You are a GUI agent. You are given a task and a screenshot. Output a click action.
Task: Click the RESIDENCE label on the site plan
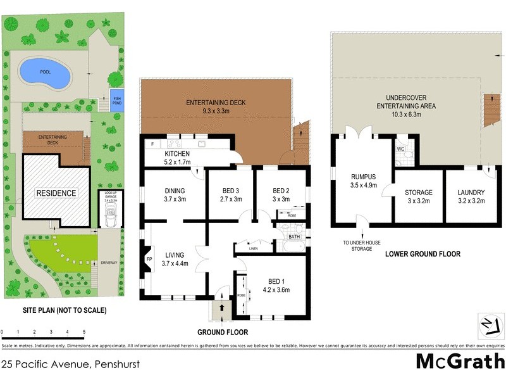(x=56, y=193)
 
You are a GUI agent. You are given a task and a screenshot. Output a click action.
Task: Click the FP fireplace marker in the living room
(x=150, y=259)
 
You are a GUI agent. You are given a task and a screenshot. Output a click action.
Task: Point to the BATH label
(x=294, y=237)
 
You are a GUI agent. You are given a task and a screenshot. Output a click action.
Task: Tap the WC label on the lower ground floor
(x=400, y=149)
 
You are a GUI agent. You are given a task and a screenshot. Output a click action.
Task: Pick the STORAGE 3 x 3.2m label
(x=419, y=196)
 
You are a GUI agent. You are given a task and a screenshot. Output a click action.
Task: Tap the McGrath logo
(x=460, y=361)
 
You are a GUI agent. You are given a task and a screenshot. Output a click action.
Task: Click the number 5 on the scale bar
(x=84, y=332)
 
